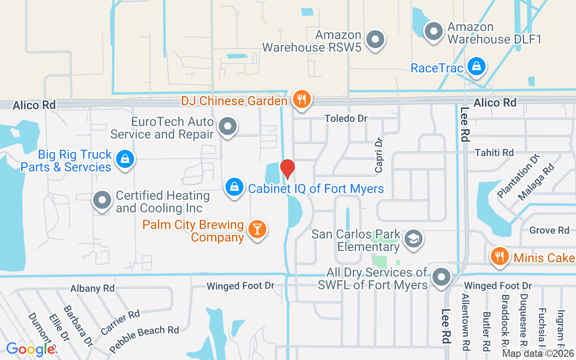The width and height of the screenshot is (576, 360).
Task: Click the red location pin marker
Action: [x=288, y=169]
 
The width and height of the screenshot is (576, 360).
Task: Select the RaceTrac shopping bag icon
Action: [x=476, y=67]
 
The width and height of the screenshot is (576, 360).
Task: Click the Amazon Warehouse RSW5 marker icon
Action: [x=374, y=40]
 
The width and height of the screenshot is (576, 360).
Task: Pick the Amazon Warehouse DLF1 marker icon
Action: [x=434, y=31]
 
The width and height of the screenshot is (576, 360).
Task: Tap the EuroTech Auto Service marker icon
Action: [x=228, y=126]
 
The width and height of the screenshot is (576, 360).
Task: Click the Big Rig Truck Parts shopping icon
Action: [x=125, y=159]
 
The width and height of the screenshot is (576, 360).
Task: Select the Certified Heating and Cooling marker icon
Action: [x=103, y=200]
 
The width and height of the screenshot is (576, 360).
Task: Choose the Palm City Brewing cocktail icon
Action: [x=257, y=229]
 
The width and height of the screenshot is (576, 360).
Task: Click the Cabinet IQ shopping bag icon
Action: [x=234, y=187]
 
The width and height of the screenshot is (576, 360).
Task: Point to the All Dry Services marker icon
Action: [x=442, y=277]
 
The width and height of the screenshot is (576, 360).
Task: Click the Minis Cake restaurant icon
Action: [x=499, y=257]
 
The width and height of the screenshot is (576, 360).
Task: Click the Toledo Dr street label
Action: [x=346, y=118]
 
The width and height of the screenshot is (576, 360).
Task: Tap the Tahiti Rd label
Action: [x=494, y=153]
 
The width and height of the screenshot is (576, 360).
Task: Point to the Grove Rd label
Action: [x=549, y=230]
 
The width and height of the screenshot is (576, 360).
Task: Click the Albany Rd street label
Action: [x=93, y=288]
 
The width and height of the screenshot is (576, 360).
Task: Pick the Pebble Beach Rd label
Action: [x=144, y=338]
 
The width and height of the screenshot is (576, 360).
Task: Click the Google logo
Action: [x=30, y=349]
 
